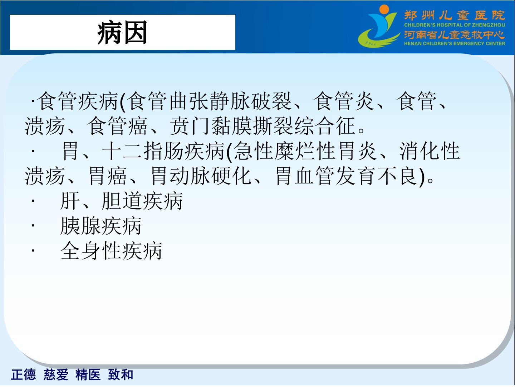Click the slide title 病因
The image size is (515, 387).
(122, 32)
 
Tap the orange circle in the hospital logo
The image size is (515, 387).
(384, 10)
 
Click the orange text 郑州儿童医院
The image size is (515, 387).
(455, 15)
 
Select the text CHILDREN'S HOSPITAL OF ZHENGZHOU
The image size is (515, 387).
(455, 25)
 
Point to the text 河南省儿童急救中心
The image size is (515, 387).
(455, 35)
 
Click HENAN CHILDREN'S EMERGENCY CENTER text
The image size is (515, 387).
(455, 43)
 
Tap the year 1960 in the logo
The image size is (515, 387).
(371, 43)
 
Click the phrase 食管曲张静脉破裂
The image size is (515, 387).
(210, 101)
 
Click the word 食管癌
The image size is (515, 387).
(117, 126)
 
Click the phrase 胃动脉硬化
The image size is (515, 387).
(201, 176)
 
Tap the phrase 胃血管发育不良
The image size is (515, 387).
(347, 176)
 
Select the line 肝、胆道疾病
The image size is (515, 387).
(122, 201)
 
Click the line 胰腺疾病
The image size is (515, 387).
(101, 226)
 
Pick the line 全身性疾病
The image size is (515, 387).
(111, 251)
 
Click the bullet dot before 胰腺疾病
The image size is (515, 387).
(33, 226)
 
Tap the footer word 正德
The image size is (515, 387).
(24, 374)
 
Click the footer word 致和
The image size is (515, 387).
(121, 374)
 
